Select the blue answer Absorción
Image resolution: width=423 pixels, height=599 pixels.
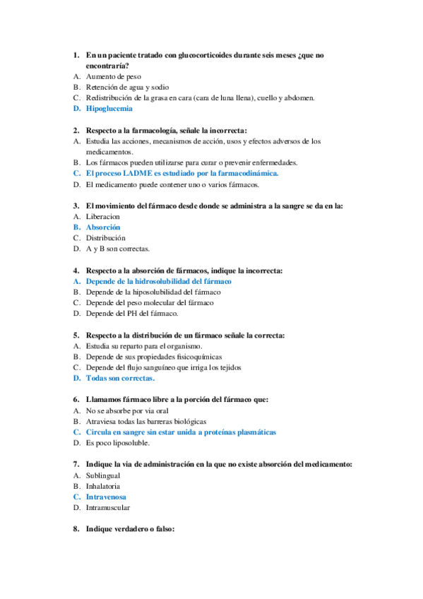[103, 227]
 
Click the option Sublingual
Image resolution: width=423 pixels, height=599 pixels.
[102, 475]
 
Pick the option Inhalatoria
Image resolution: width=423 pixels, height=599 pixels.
[103, 486]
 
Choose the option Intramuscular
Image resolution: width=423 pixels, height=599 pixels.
[108, 507]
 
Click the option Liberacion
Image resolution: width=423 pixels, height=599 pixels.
[103, 217]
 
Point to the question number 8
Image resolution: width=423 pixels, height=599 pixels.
[76, 529]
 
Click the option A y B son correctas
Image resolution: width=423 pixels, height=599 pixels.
[117, 249]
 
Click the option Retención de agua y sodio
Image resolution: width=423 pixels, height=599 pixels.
[127, 87]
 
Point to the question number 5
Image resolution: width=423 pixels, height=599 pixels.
[76, 335]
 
